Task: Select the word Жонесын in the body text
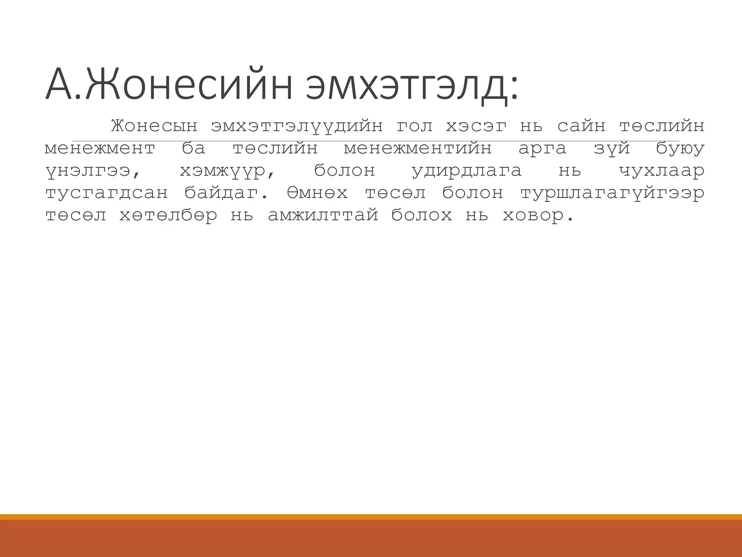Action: click(154, 126)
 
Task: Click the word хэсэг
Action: click(476, 126)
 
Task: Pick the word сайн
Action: click(581, 126)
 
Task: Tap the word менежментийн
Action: click(418, 149)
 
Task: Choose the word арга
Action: click(542, 149)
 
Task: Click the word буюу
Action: click(680, 149)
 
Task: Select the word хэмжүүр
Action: click(228, 171)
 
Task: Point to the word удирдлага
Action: click(467, 171)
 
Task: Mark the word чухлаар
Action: click(662, 171)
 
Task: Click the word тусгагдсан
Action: click(107, 193)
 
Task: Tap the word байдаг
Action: click(226, 193)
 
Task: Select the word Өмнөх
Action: click(317, 193)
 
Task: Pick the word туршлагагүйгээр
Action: click(612, 193)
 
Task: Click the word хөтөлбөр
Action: click(168, 216)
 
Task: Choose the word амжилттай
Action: click(323, 216)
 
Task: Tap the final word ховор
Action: click(538, 216)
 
